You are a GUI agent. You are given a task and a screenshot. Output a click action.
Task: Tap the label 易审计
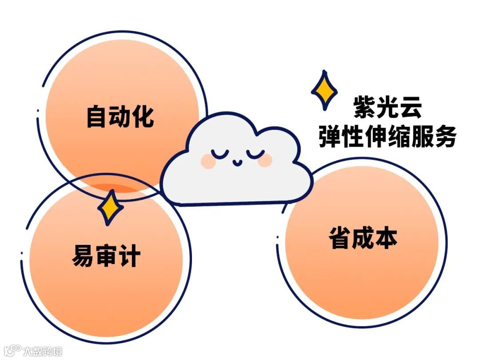click(106, 256)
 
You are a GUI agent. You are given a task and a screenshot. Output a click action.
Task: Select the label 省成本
click(363, 238)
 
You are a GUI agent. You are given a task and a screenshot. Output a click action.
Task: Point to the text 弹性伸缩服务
click(387, 136)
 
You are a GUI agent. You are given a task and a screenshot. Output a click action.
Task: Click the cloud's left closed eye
click(220, 155)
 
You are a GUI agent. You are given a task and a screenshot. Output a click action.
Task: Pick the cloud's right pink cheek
click(265, 160)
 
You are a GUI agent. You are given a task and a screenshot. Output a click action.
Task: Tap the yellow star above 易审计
click(110, 207)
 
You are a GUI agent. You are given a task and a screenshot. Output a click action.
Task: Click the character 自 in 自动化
click(97, 116)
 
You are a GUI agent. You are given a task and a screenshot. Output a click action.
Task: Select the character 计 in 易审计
click(129, 256)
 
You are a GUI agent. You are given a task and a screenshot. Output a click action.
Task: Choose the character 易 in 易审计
click(83, 256)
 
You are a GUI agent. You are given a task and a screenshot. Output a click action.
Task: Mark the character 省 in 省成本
click(340, 238)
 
